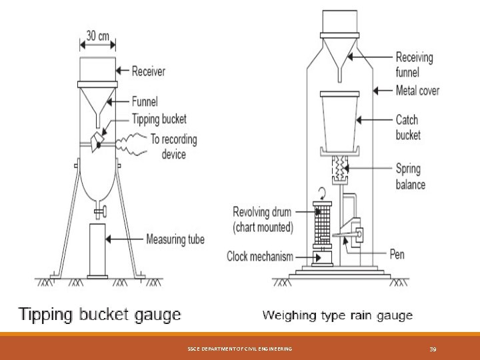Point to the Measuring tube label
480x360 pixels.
point(176,239)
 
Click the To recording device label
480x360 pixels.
point(174,147)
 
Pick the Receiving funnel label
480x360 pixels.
point(414,64)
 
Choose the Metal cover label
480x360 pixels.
point(417,90)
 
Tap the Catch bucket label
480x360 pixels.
point(408,127)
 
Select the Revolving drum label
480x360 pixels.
point(263,218)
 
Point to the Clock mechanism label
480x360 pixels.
point(260,256)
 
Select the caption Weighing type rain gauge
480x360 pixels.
point(337,315)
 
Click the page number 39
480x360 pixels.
point(432,349)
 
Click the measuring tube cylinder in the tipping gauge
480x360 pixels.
point(98,250)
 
